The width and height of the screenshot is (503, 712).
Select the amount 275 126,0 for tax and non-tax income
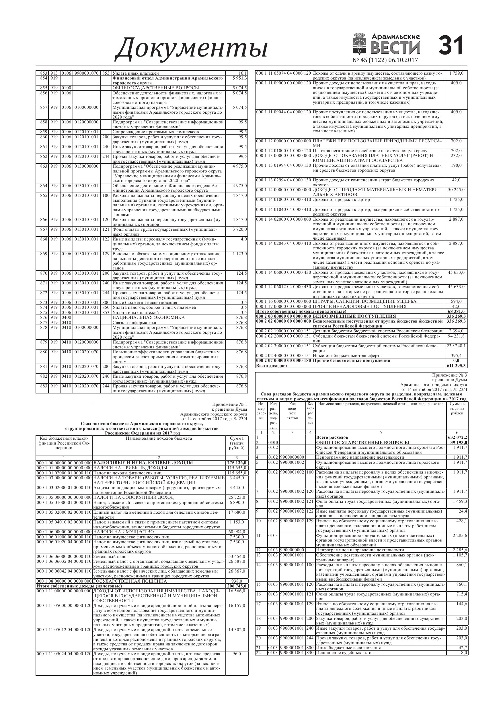pos(237,463)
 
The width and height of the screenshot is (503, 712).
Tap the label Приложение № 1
pos(230,404)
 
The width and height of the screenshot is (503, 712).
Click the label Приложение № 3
pos(449,375)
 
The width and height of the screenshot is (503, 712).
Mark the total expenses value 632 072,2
pos(457,438)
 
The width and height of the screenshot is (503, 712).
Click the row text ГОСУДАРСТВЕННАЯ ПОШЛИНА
pos(130,581)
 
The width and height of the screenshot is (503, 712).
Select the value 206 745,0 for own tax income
pos(237,586)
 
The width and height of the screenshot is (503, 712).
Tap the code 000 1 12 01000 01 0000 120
pos(283,151)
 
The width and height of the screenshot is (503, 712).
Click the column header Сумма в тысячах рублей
pos(457,408)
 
